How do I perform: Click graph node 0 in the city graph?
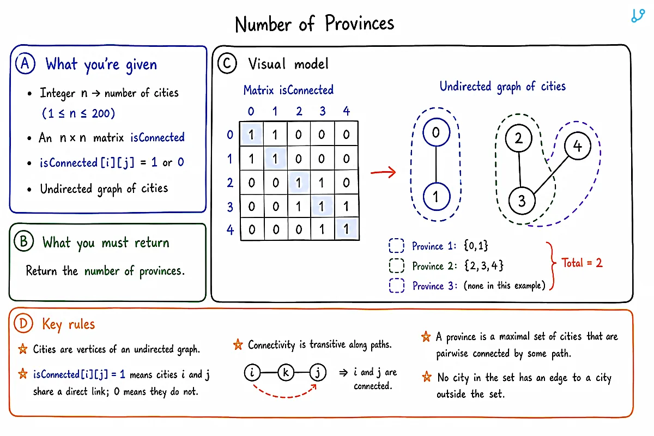click(436, 132)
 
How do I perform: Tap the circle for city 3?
click(522, 201)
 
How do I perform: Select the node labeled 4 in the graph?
click(578, 146)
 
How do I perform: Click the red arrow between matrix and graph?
click(383, 172)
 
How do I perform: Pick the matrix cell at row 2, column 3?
click(322, 183)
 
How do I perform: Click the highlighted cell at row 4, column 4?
click(346, 229)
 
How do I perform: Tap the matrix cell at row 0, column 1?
click(275, 134)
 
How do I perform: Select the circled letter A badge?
click(26, 64)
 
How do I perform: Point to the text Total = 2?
click(582, 263)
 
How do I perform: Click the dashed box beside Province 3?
click(397, 286)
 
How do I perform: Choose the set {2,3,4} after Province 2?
click(484, 266)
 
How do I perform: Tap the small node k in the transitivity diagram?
click(286, 372)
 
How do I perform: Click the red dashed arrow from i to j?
click(284, 397)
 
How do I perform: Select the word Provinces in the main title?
click(359, 23)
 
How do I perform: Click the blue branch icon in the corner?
click(638, 16)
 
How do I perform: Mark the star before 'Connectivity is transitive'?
click(238, 344)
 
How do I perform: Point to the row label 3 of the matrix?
click(230, 207)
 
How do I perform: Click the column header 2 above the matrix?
click(299, 111)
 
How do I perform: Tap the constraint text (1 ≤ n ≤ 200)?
click(78, 113)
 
